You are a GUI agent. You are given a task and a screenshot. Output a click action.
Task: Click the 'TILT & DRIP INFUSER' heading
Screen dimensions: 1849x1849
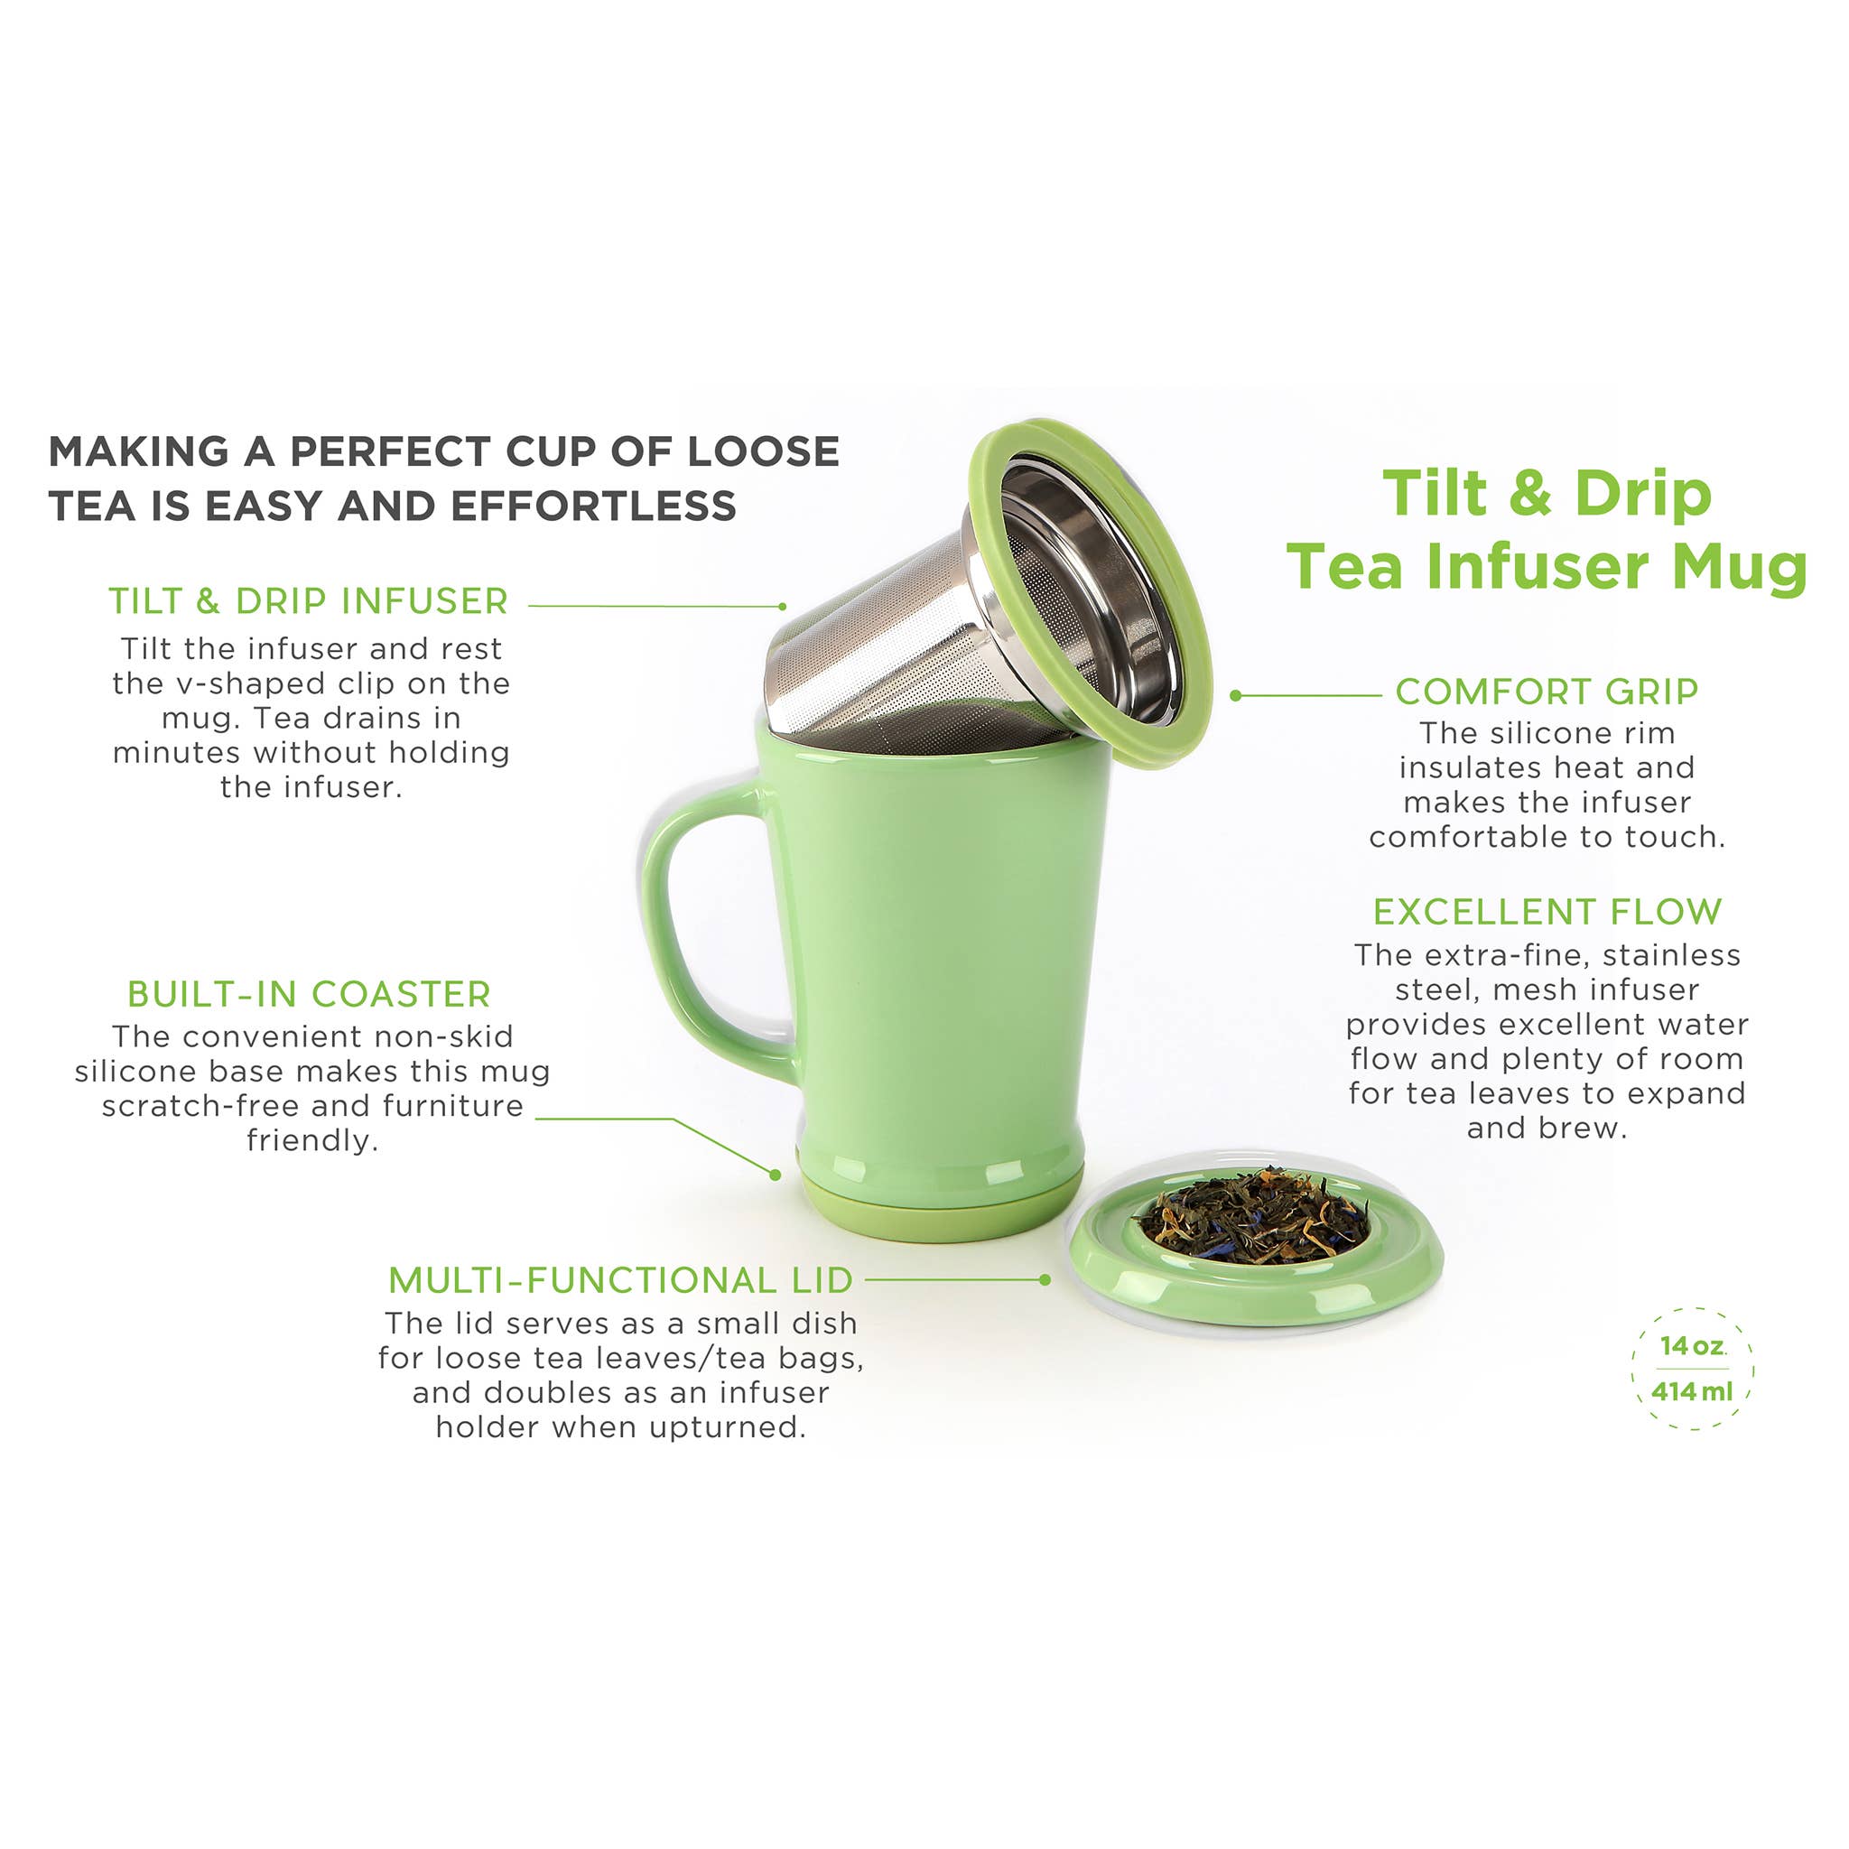308,602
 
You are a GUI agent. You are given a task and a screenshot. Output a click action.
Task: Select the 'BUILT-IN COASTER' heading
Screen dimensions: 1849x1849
309,994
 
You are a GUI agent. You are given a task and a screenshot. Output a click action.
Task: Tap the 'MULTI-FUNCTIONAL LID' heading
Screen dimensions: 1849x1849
620,1279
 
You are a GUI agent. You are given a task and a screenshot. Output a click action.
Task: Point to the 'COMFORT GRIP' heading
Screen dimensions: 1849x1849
1547,691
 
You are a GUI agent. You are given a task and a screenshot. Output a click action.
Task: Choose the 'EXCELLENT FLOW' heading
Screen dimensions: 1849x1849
1547,911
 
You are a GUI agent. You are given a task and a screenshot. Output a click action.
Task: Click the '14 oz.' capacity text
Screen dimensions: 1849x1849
1692,1345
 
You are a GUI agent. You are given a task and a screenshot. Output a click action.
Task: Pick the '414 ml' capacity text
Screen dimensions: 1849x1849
1692,1390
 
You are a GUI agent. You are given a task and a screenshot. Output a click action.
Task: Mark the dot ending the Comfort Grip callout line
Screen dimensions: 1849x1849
1236,696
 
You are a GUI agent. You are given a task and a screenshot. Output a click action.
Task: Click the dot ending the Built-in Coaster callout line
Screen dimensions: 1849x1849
776,1175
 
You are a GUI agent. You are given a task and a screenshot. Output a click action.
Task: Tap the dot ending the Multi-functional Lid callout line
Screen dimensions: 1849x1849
1045,1279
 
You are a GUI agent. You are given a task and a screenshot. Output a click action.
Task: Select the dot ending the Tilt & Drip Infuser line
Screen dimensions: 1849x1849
783,607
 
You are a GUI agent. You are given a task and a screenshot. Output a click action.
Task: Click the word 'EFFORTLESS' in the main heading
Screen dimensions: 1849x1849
593,506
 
